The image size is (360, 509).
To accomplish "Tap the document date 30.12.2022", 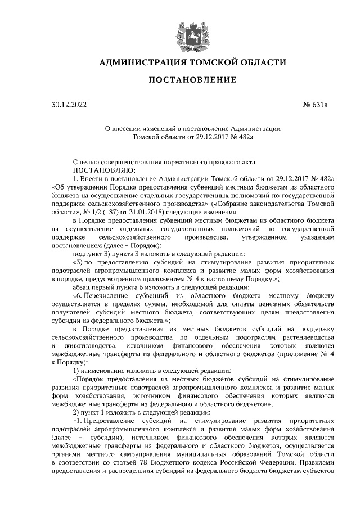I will (69, 105).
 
